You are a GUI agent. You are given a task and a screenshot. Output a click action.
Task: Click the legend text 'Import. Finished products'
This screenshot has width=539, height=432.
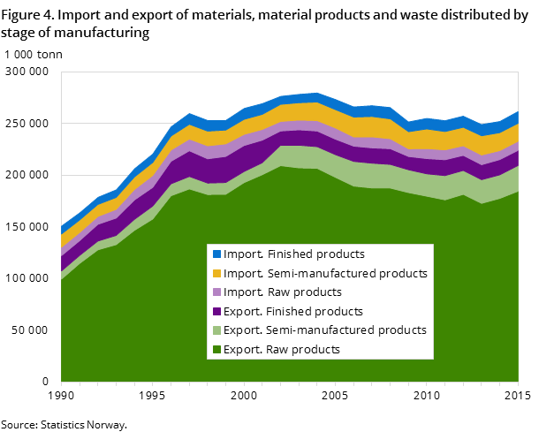tap(293, 254)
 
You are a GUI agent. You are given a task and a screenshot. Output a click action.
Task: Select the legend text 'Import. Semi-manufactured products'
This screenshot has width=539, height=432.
tap(325, 273)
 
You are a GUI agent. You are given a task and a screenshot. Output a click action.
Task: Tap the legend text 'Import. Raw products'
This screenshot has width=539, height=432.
tap(282, 292)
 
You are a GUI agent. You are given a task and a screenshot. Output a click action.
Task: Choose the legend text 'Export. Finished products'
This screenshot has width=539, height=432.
tap(292, 311)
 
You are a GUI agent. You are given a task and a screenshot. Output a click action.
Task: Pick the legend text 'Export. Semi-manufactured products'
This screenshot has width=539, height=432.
tap(324, 330)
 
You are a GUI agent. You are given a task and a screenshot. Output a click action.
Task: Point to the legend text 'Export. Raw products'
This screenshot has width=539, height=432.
tap(281, 350)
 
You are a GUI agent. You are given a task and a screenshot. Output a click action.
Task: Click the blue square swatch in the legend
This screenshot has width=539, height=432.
tap(216, 254)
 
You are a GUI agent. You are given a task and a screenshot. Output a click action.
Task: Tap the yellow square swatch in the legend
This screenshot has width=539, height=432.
tap(216, 273)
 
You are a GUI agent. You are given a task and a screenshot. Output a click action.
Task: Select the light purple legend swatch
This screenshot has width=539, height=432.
tap(216, 292)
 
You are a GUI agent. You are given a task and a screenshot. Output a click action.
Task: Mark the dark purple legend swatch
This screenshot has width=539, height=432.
tap(216, 311)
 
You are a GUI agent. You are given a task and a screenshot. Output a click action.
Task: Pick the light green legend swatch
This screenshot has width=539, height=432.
tap(216, 330)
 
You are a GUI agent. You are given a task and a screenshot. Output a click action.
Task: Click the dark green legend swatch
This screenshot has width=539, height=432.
tap(216, 350)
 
